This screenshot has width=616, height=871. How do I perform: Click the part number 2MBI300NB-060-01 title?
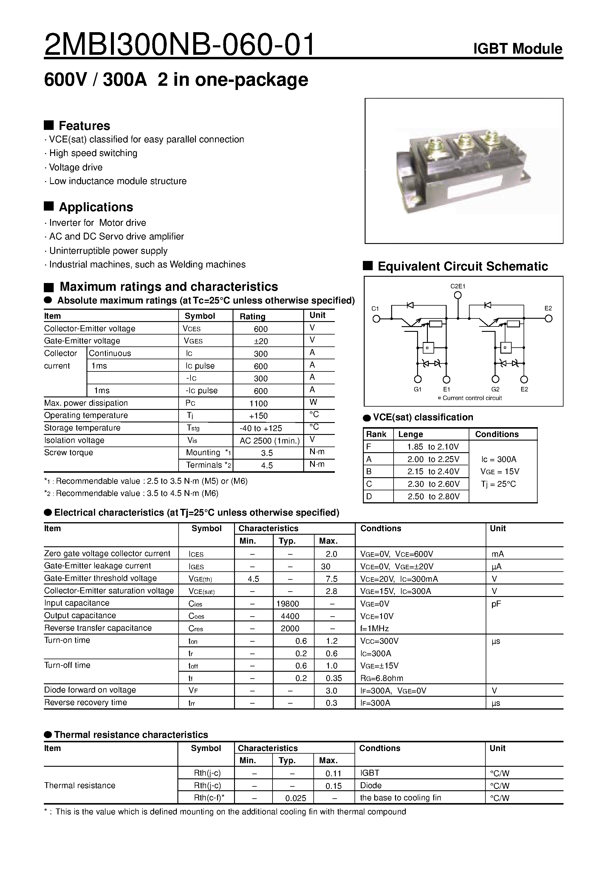[179, 45]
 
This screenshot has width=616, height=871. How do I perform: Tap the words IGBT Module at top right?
[517, 49]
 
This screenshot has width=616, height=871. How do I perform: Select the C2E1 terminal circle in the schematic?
[458, 295]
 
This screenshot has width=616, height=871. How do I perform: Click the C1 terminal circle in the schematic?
[376, 319]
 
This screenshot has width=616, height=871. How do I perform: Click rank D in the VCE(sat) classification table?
[369, 497]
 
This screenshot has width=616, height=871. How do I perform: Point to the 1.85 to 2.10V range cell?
[433, 447]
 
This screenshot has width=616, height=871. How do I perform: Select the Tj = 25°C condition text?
[498, 484]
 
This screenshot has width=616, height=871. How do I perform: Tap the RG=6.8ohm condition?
[382, 678]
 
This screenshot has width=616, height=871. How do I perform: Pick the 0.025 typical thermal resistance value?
[295, 798]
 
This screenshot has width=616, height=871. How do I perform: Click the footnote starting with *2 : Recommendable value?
[131, 494]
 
